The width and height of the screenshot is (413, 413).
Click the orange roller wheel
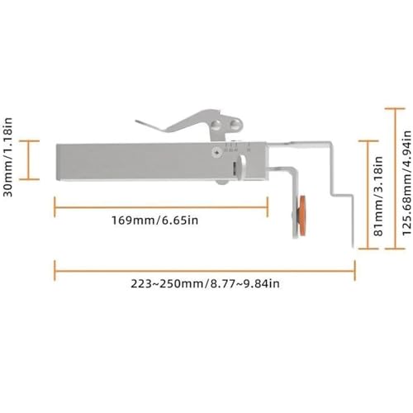tap(302, 216)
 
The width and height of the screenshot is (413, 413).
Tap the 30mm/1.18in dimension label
tap(8, 157)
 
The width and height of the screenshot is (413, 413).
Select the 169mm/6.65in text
tap(154, 221)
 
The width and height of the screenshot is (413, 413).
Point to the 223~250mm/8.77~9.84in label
tap(205, 283)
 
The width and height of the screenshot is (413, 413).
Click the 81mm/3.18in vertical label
tap(379, 196)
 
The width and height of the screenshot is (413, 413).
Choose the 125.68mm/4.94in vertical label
tap(406, 183)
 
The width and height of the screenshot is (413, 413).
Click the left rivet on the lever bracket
tap(216, 125)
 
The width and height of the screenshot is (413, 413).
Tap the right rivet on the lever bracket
tap(235, 125)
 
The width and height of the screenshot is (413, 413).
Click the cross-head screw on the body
tap(217, 153)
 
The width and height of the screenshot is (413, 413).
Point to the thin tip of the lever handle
tap(136, 121)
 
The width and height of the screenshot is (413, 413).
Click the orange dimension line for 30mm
tap(28, 160)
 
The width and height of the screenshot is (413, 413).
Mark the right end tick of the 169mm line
tap(267, 207)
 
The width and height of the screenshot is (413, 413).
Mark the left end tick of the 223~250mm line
tap(55, 271)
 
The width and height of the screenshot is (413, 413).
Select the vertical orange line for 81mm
tap(368, 195)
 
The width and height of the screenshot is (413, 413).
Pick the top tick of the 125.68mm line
tap(395, 109)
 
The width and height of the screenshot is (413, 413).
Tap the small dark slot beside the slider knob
tap(235, 169)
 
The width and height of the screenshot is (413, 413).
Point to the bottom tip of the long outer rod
tap(353, 247)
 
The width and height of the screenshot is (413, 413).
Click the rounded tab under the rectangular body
tap(222, 183)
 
